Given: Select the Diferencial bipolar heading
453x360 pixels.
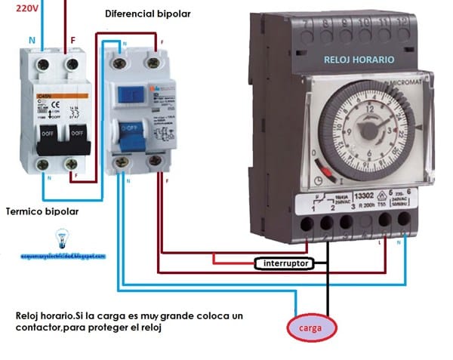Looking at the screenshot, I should pyautogui.click(x=148, y=14).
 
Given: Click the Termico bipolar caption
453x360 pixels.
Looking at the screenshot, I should pyautogui.click(x=42, y=211).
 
